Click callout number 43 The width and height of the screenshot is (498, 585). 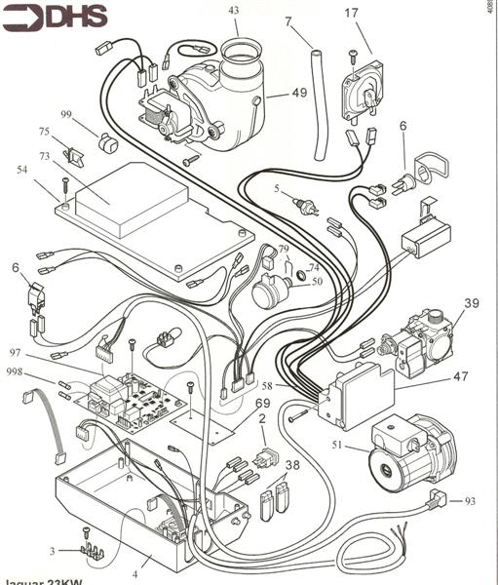coord(233,10)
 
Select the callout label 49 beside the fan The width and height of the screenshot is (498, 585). coord(299,94)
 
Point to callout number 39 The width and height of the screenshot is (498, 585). coord(472,303)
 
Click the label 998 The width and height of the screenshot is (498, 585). coord(15,371)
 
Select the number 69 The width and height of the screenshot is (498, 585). coord(263,403)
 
